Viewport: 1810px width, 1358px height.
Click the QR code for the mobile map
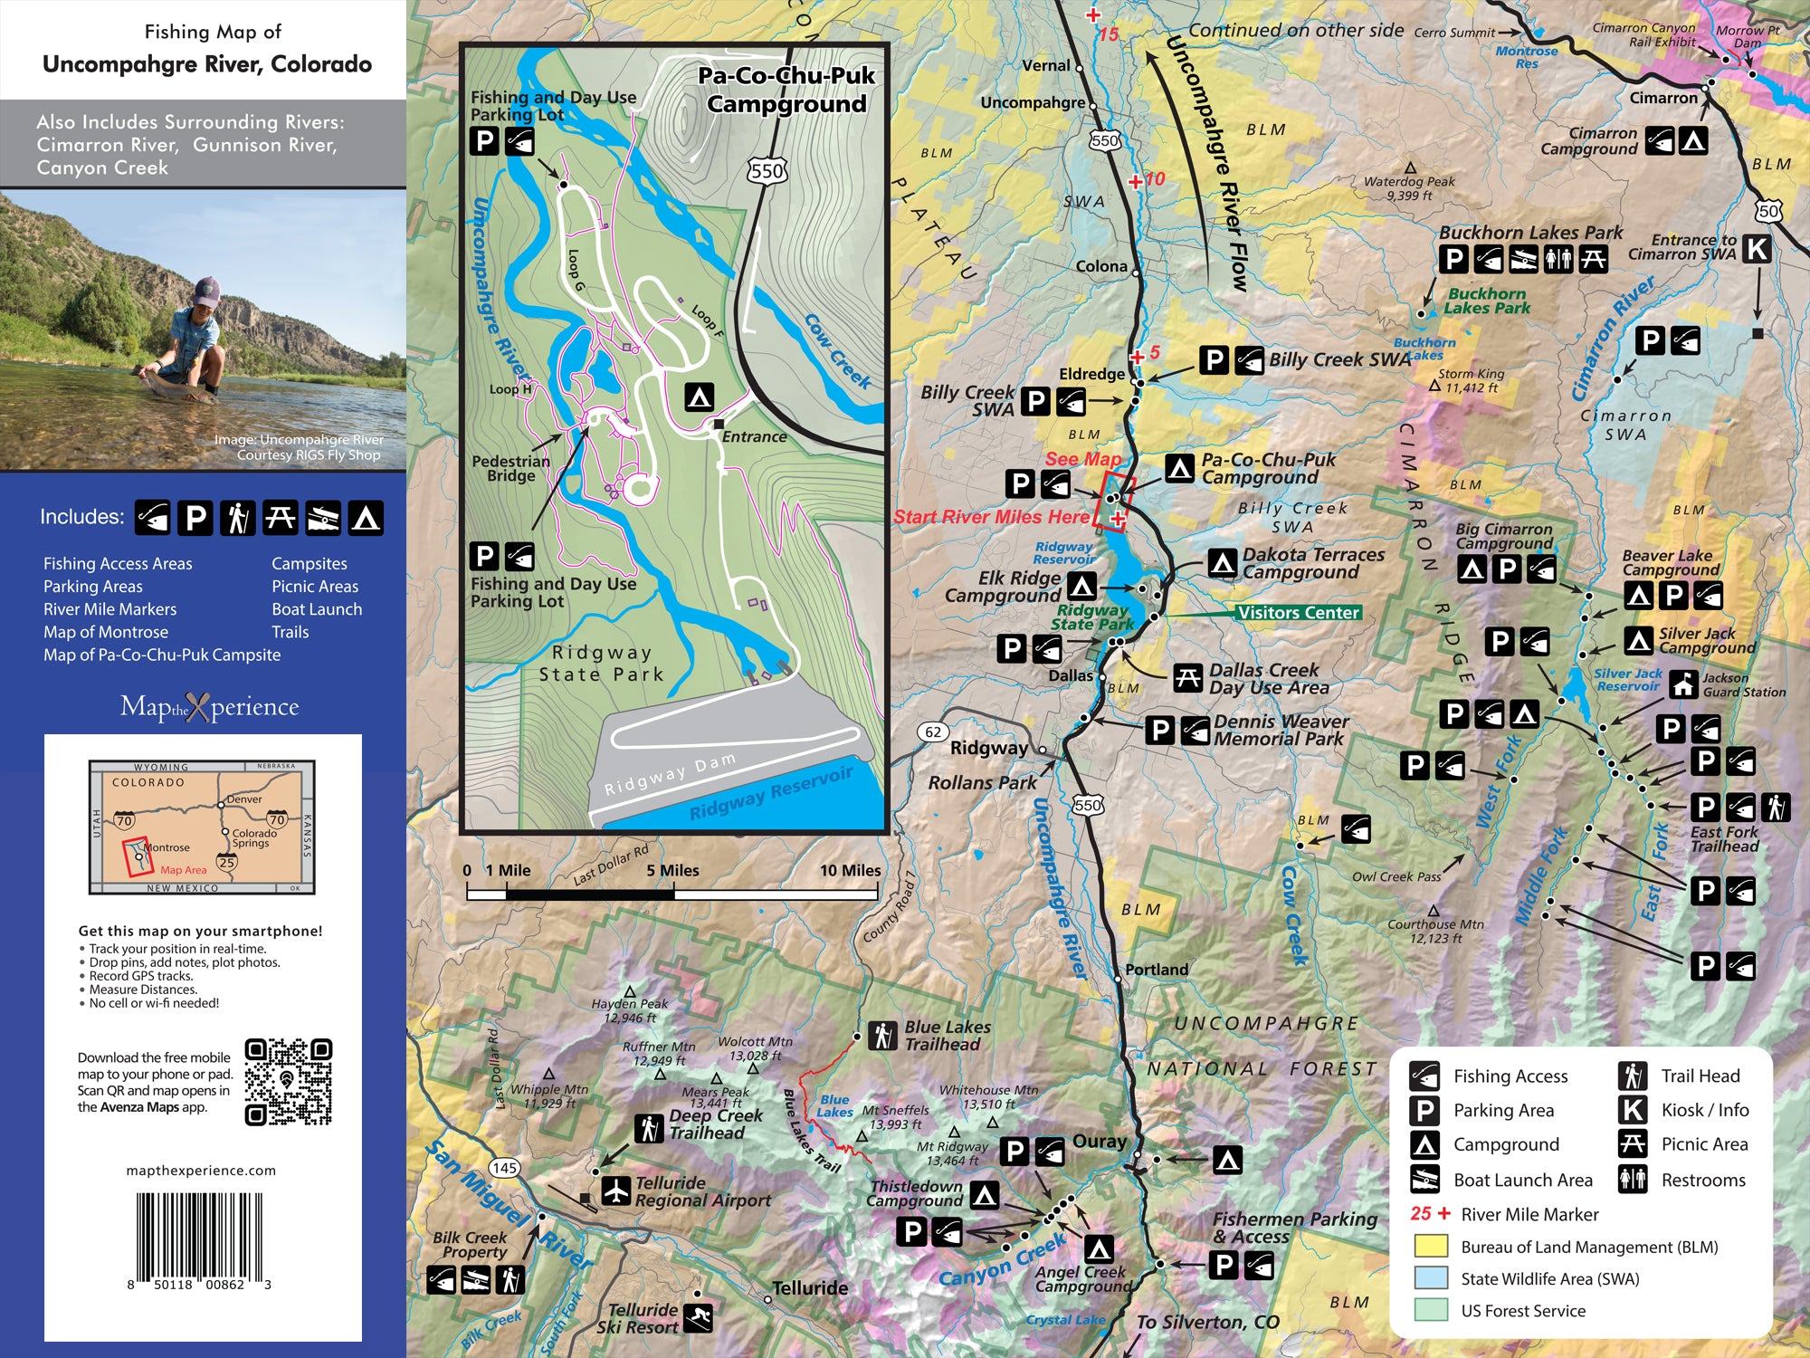pyautogui.click(x=288, y=1082)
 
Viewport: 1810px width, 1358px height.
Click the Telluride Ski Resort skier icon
pyautogui.click(x=698, y=1317)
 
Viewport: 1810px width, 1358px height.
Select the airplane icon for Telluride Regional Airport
pyautogui.click(x=615, y=1191)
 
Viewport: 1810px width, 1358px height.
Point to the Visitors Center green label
pyautogui.click(x=1298, y=613)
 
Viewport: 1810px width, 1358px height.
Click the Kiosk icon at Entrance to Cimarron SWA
pyautogui.click(x=1757, y=248)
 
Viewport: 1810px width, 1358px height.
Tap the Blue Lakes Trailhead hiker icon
pyautogui.click(x=882, y=1035)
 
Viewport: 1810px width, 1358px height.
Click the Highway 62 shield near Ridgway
pyautogui.click(x=933, y=732)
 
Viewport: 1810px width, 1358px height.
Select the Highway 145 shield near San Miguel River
pyautogui.click(x=504, y=1168)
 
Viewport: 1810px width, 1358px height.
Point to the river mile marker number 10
pyautogui.click(x=1155, y=178)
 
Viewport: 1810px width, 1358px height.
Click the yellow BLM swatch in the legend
pyautogui.click(x=1431, y=1247)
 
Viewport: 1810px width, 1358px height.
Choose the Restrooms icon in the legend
pyautogui.click(x=1633, y=1179)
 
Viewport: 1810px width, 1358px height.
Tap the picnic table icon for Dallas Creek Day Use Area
pyautogui.click(x=1187, y=677)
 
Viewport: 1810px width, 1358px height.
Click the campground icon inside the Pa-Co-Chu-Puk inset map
pyautogui.click(x=699, y=397)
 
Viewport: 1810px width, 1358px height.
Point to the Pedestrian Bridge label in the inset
pyautogui.click(x=510, y=468)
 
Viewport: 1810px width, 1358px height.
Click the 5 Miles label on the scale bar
pyautogui.click(x=672, y=870)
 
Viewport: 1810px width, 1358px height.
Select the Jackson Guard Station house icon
pyautogui.click(x=1683, y=684)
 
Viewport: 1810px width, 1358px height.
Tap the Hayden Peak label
pyautogui.click(x=629, y=1003)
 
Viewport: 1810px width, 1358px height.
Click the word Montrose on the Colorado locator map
pyautogui.click(x=167, y=847)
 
